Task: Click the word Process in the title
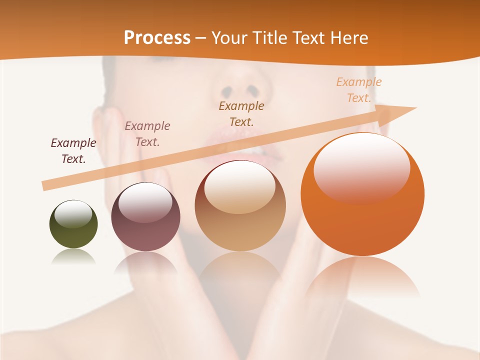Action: click(157, 37)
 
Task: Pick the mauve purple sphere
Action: click(145, 220)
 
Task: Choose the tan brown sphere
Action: click(240, 210)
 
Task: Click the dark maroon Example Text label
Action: click(73, 151)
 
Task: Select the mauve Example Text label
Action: click(147, 134)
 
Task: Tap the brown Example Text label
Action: click(241, 113)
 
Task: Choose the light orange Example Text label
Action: click(359, 90)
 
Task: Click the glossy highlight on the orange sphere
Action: click(361, 167)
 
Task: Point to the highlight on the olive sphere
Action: click(73, 214)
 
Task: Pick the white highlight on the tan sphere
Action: click(240, 186)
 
